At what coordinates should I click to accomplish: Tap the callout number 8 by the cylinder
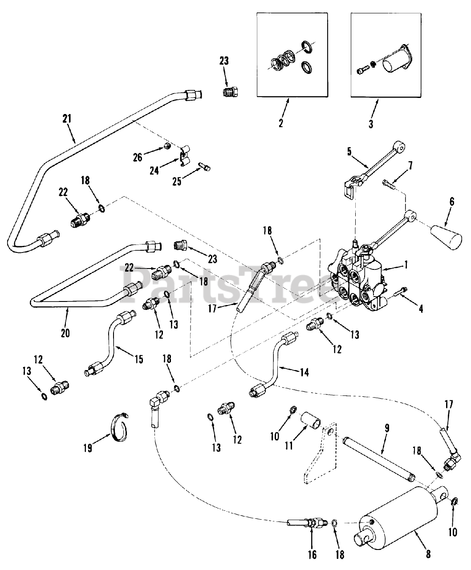[x=428, y=554]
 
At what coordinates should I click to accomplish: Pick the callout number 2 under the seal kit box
[x=281, y=123]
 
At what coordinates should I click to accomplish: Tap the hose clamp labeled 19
[x=119, y=428]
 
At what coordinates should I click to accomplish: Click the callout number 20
[x=65, y=333]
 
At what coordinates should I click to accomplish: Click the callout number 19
[x=87, y=448]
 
